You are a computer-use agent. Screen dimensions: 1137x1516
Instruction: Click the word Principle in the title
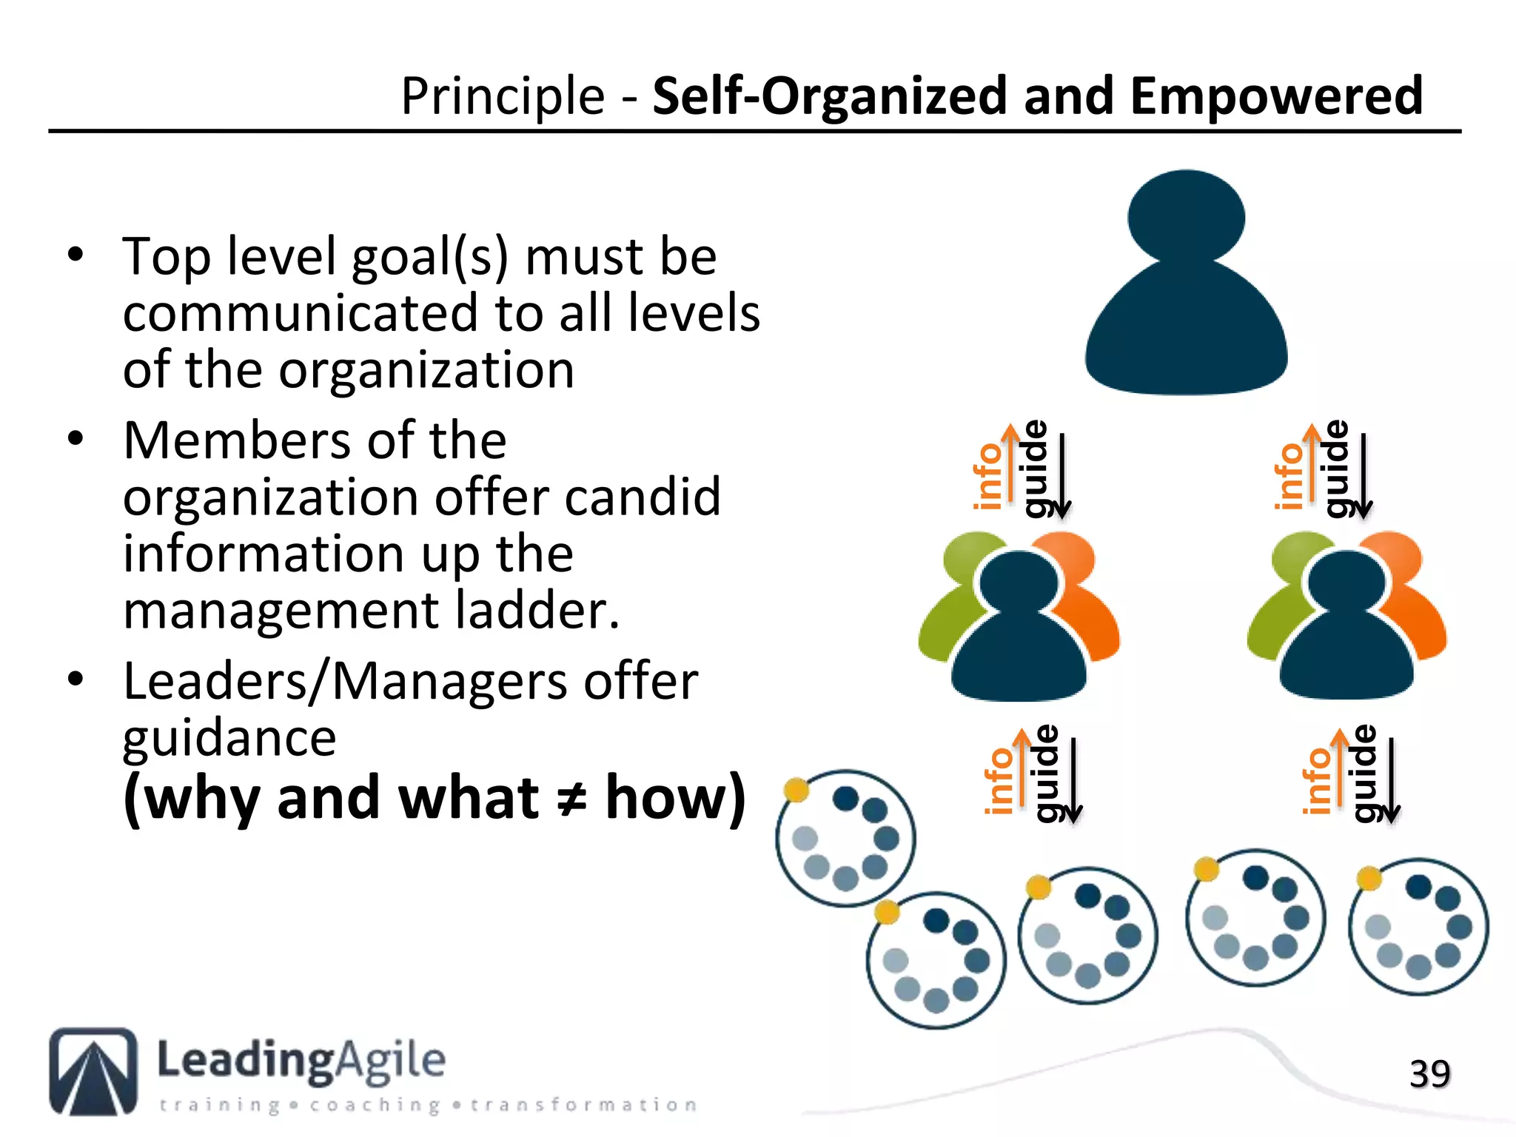[x=503, y=97]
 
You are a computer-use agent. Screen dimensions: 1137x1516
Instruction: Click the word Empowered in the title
[x=1276, y=97]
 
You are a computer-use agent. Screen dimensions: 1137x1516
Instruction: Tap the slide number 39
[x=1429, y=1074]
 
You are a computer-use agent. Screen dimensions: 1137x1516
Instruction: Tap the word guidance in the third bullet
[x=229, y=739]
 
